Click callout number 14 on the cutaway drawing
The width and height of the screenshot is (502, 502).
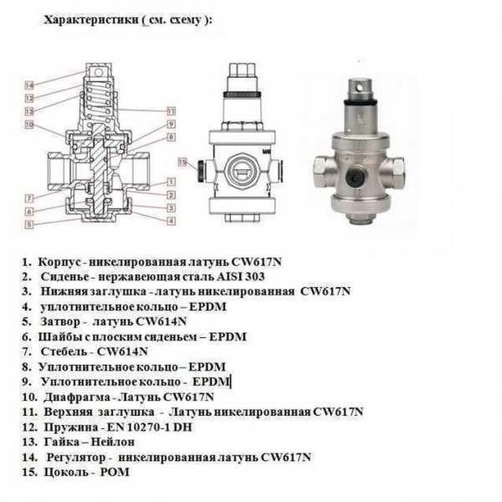(x=28, y=85)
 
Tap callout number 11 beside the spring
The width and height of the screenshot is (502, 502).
(x=171, y=110)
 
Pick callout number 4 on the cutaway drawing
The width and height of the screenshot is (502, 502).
(x=171, y=220)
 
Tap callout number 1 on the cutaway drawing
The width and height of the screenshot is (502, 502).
(x=171, y=180)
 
